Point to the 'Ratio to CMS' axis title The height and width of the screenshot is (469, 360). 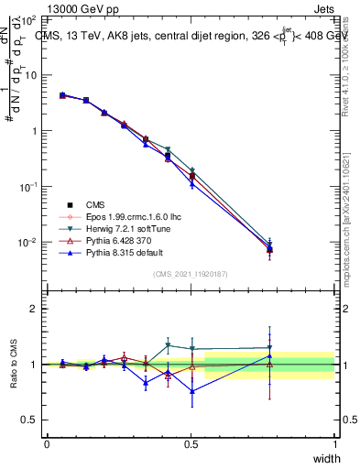point(12,365)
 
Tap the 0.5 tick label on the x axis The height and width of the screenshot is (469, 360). point(191,444)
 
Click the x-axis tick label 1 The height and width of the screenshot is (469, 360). point(335,444)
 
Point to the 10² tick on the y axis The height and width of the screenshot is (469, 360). point(29,19)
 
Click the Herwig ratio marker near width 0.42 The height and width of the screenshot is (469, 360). point(168,345)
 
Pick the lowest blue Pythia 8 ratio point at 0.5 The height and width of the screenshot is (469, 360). point(191,391)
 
